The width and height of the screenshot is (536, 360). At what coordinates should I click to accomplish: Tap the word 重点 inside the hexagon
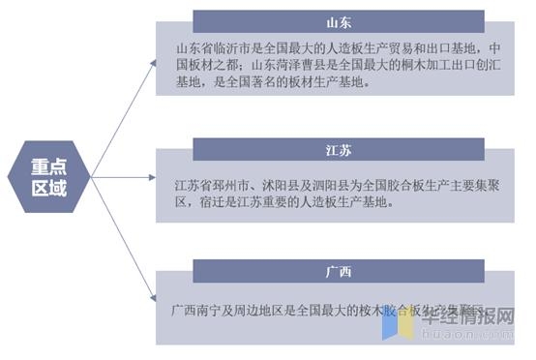point(49,165)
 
